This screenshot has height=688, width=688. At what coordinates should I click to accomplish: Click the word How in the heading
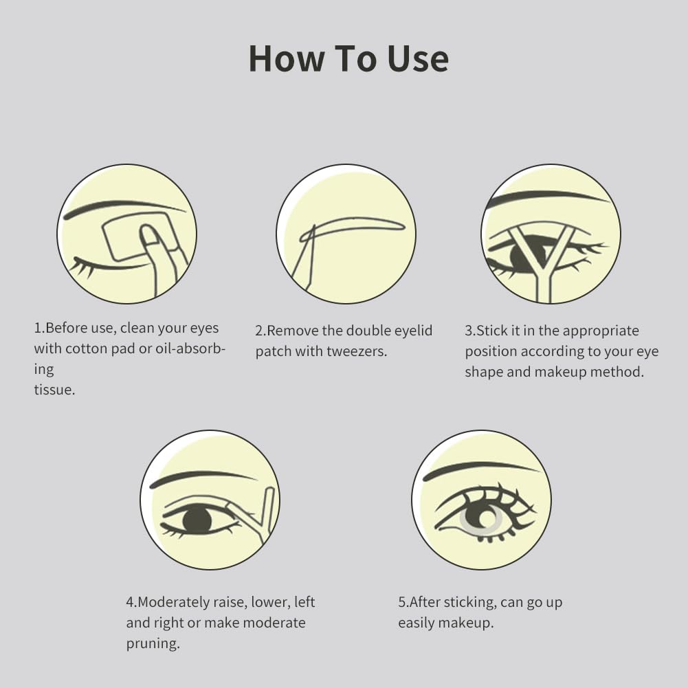(x=286, y=58)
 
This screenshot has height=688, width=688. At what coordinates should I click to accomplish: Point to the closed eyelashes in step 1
(x=83, y=267)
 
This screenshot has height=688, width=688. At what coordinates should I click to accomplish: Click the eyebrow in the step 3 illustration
(x=549, y=197)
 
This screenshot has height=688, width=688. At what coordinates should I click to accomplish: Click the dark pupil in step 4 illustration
(x=197, y=520)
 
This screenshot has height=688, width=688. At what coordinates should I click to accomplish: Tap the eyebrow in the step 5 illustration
(x=481, y=470)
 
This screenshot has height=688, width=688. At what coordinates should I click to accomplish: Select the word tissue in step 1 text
(x=54, y=390)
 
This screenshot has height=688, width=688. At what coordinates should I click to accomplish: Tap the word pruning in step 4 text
(x=153, y=643)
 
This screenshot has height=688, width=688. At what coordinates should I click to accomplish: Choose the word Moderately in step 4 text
(x=174, y=602)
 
